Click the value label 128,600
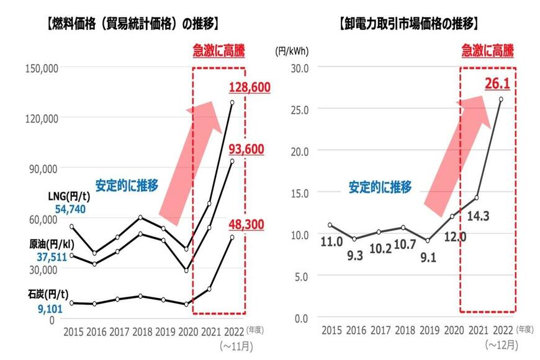coord(249,88)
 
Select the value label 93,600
coord(246,149)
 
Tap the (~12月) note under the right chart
coord(501,345)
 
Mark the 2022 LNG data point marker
coord(233,102)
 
